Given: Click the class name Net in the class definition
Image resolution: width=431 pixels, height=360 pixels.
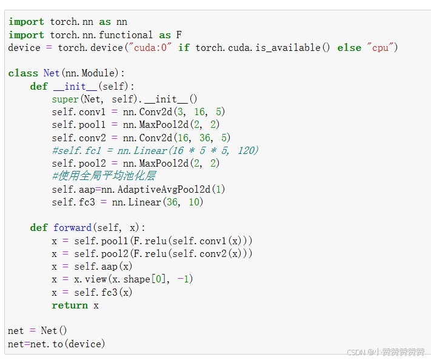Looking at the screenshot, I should (x=52, y=73).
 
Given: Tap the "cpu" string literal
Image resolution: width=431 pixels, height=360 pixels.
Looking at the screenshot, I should (x=379, y=47).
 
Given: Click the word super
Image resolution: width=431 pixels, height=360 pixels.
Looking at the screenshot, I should (x=65, y=99).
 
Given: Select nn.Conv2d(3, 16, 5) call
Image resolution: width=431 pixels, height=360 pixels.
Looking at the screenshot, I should (x=174, y=112).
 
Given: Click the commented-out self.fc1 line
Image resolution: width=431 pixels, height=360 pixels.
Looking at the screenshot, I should (x=155, y=150).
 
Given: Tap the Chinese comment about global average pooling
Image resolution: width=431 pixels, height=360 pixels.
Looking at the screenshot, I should (x=104, y=176).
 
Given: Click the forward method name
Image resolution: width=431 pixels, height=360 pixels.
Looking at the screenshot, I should (x=72, y=228).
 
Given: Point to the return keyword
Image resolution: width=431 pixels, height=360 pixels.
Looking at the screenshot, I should (x=70, y=305).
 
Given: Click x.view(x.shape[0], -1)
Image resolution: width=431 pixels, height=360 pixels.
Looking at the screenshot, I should (x=133, y=279).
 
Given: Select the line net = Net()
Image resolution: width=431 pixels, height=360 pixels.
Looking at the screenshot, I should (x=38, y=331).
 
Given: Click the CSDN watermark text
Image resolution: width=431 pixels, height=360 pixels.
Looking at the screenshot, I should (x=386, y=352).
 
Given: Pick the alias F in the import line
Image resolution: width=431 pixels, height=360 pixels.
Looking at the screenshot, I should (x=179, y=35).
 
